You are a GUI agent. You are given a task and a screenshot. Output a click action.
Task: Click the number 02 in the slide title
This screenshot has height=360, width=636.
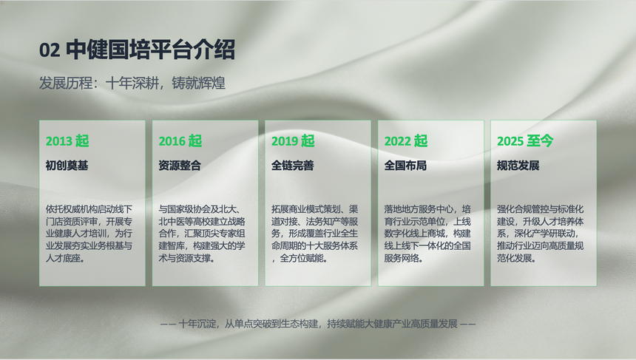click(50, 50)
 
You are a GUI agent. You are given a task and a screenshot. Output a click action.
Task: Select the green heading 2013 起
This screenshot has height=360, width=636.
click(67, 141)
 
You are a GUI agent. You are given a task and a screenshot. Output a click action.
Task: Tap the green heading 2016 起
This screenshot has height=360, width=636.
click(180, 141)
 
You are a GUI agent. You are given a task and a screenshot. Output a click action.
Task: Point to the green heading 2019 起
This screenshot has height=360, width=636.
click(293, 141)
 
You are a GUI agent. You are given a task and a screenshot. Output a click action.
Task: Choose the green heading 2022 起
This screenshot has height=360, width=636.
click(406, 141)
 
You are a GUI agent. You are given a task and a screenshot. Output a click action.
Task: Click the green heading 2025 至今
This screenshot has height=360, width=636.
click(525, 141)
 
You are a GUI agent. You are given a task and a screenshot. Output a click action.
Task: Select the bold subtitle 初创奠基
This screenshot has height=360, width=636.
click(67, 166)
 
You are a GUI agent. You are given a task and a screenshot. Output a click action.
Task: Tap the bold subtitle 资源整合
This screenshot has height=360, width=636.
click(180, 166)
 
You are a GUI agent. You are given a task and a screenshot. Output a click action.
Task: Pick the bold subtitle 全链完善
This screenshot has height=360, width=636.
click(292, 166)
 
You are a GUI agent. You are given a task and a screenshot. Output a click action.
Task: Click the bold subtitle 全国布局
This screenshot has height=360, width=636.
click(405, 166)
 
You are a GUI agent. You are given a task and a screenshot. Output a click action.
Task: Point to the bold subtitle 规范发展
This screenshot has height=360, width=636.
click(518, 166)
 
